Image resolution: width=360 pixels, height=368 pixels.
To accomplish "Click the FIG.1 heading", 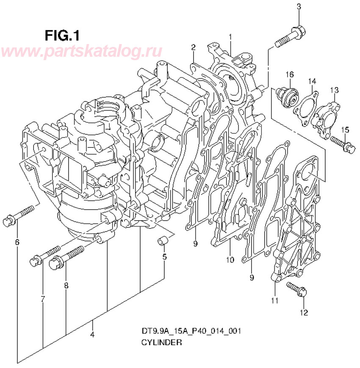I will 62,34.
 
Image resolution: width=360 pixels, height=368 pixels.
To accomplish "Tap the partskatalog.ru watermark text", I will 81,51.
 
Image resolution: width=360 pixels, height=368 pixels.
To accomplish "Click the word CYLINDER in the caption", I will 161,343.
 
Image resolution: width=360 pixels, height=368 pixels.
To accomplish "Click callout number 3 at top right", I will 299,6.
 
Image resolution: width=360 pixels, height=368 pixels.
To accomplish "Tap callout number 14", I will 312,80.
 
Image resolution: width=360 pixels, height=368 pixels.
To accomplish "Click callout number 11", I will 274,301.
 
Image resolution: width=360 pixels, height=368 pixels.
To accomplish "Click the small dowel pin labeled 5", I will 163,242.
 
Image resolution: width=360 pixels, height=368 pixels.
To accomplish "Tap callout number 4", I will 92,335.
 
